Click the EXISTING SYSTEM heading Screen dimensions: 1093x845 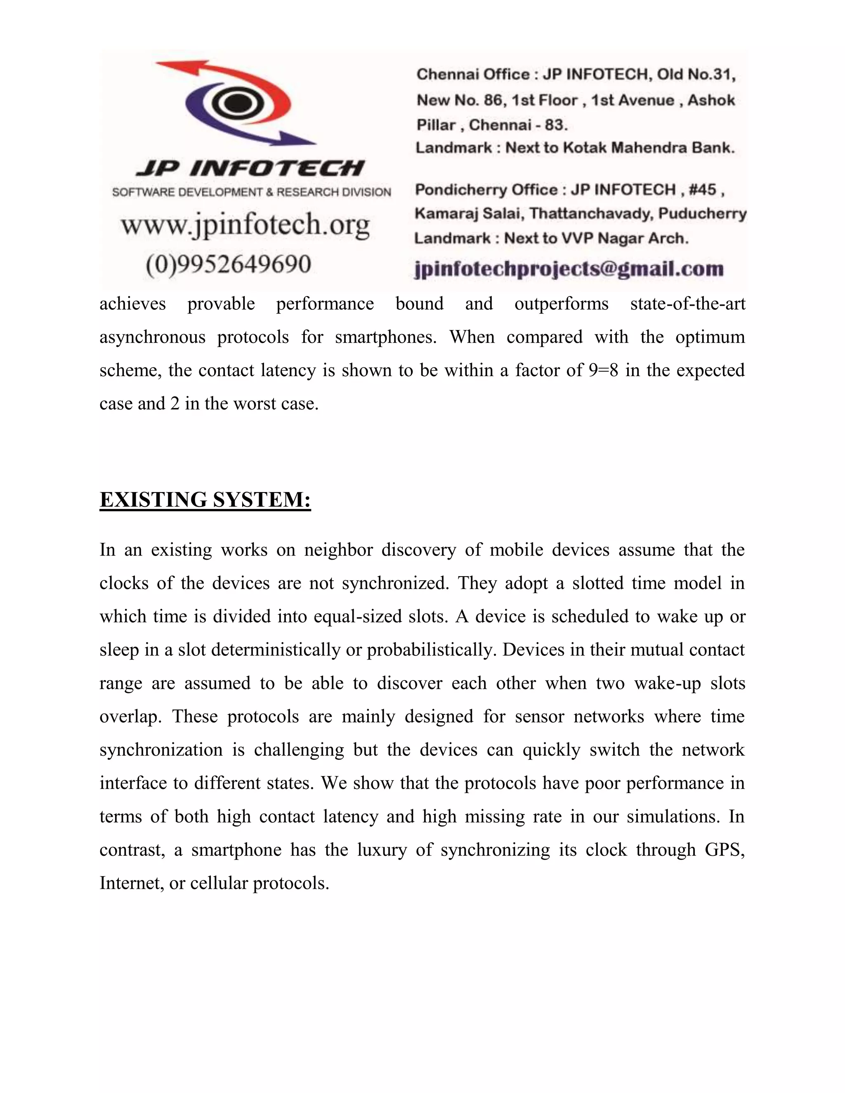click(205, 500)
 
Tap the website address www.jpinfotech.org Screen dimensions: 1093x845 click(245, 225)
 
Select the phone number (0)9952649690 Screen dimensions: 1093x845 click(228, 264)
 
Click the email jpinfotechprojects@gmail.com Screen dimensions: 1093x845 click(569, 269)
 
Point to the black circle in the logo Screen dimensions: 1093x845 click(234, 104)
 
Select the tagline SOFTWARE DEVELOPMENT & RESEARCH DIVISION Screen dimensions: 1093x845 click(251, 192)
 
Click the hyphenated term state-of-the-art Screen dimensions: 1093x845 click(687, 304)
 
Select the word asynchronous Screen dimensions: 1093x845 click(152, 337)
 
